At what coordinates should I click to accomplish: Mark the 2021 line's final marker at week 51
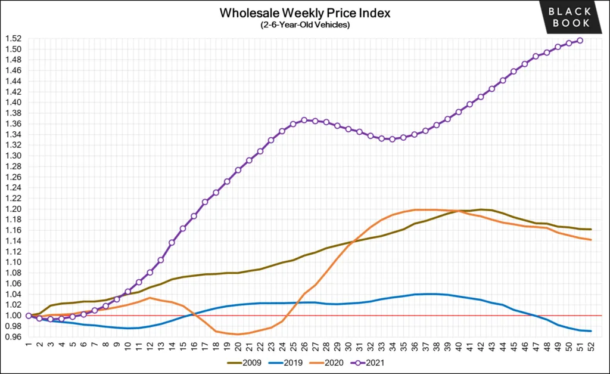click(580, 41)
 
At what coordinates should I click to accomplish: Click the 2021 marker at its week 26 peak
click(304, 120)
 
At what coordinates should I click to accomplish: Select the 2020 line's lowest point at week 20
click(238, 334)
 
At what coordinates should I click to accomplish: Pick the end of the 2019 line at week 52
click(590, 331)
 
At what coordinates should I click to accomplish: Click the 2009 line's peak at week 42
click(481, 209)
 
